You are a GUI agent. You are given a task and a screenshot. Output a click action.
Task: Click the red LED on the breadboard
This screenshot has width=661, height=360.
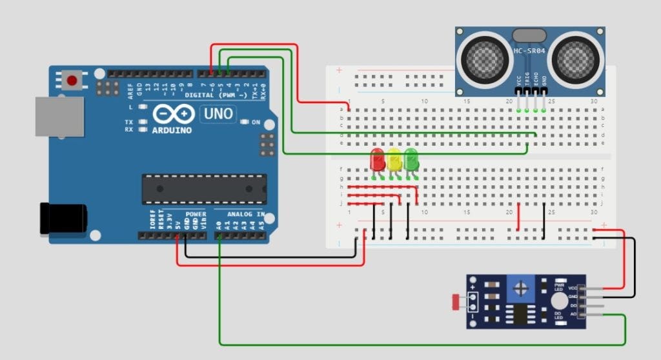coord(377,159)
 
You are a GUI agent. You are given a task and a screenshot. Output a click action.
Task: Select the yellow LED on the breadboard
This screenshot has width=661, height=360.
coord(394,159)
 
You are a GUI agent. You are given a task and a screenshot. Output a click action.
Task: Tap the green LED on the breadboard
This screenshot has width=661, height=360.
coord(411,159)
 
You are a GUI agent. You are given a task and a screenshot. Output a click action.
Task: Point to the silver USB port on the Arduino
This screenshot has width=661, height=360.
coord(59,117)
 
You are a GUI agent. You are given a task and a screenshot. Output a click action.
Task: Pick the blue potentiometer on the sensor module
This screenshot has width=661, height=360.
coord(520,286)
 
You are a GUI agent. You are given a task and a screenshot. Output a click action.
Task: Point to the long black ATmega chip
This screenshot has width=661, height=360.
coord(204,188)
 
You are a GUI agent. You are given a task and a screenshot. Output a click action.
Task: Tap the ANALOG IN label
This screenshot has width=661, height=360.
coord(245,214)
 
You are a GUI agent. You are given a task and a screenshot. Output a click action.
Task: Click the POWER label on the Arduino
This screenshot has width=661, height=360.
coord(196,214)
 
